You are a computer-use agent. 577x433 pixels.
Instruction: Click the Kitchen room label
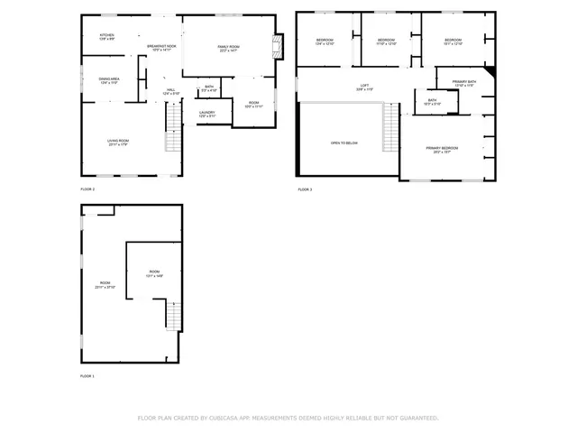105,36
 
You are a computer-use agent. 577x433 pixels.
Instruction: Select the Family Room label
228,48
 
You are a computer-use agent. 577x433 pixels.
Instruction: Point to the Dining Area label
110,80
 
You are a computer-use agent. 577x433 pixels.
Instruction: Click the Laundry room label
206,114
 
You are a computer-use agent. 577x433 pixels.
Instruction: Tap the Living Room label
119,142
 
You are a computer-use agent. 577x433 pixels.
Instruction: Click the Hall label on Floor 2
171,91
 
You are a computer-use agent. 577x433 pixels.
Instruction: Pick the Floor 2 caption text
87,189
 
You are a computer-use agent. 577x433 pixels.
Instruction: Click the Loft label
364,88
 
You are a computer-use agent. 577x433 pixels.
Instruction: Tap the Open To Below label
343,143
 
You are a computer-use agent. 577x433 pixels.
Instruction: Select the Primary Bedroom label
442,149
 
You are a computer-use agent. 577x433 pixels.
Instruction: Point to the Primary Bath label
464,83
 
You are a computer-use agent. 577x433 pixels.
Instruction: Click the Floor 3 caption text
305,189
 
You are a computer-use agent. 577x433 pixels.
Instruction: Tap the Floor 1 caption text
87,375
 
